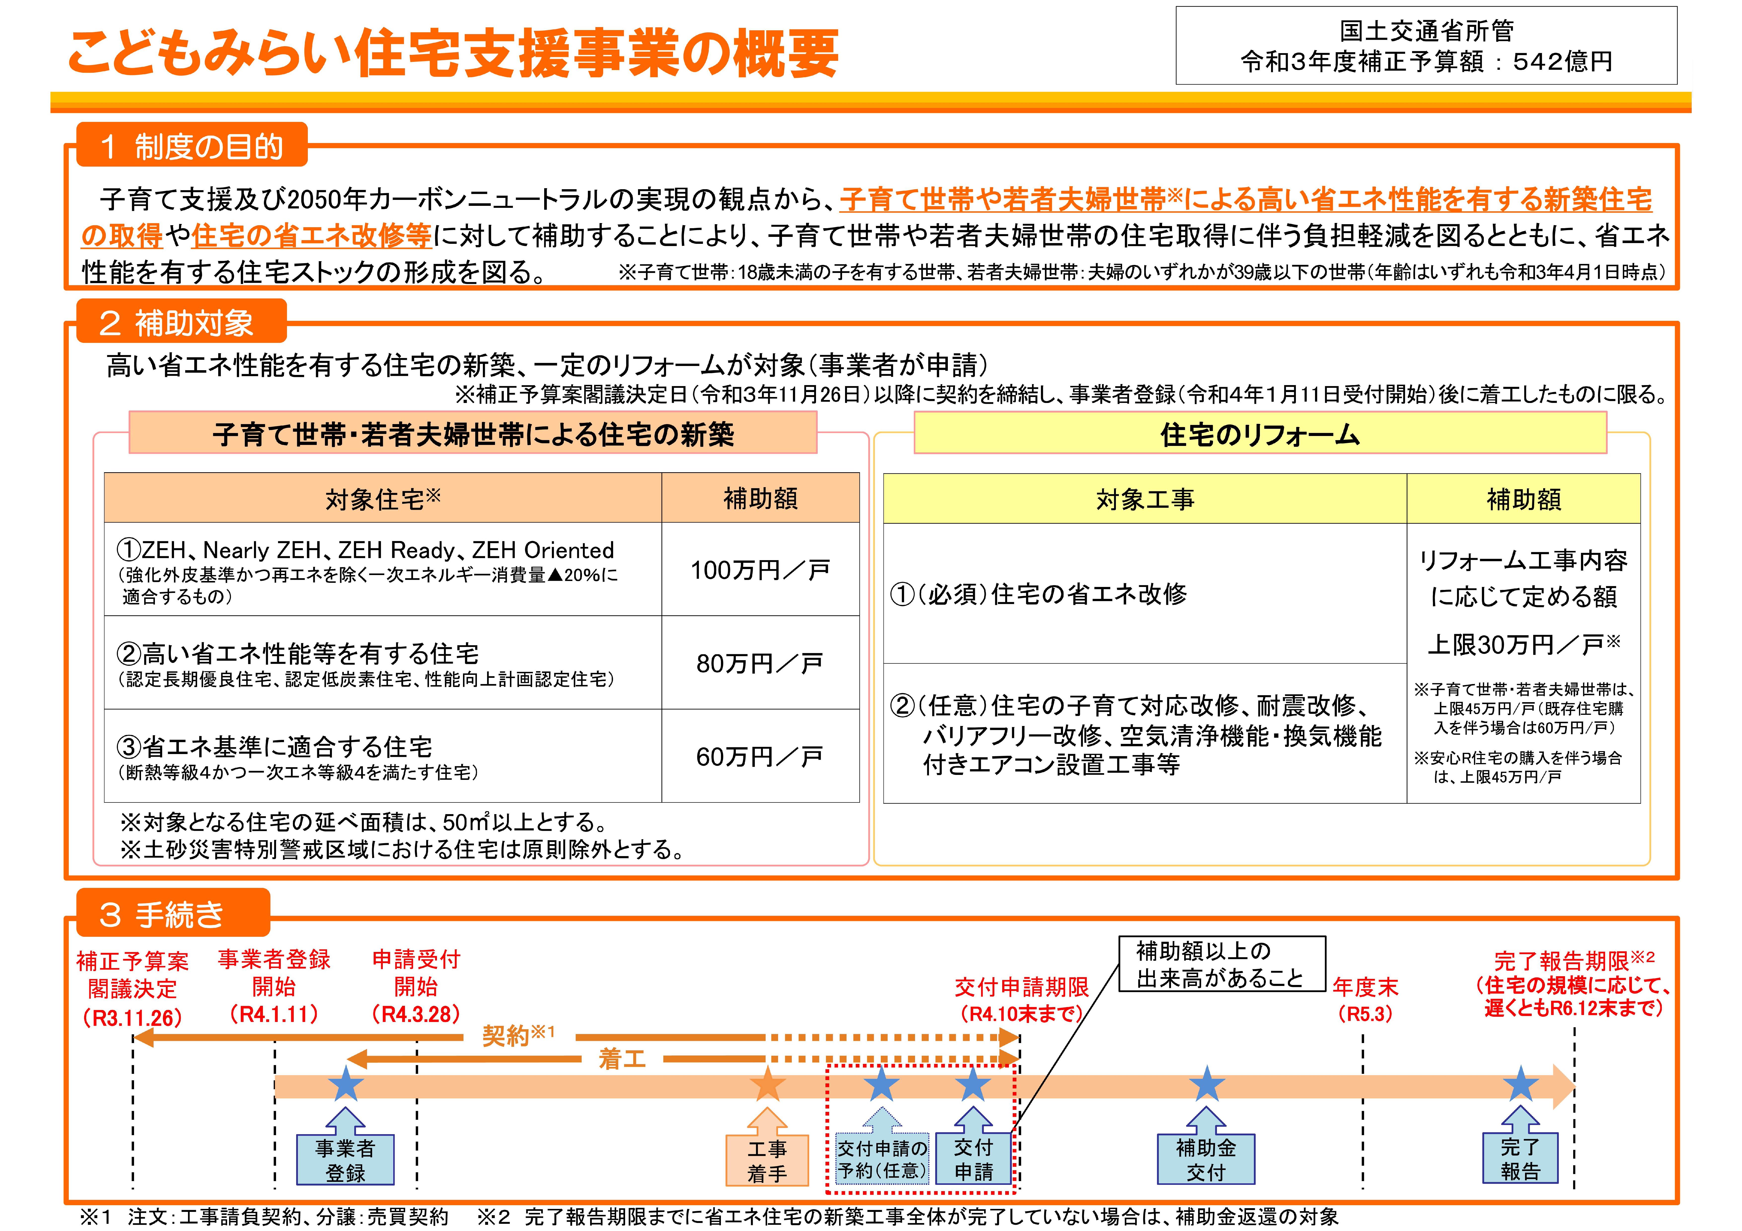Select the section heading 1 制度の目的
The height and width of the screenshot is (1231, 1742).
(192, 145)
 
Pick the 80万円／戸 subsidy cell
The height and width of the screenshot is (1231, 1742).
(760, 663)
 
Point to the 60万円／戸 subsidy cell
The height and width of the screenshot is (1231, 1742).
(760, 756)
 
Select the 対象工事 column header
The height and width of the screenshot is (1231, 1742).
(1145, 499)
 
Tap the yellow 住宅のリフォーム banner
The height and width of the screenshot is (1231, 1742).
(1260, 433)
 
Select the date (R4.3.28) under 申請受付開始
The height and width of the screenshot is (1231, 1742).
(416, 1014)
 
